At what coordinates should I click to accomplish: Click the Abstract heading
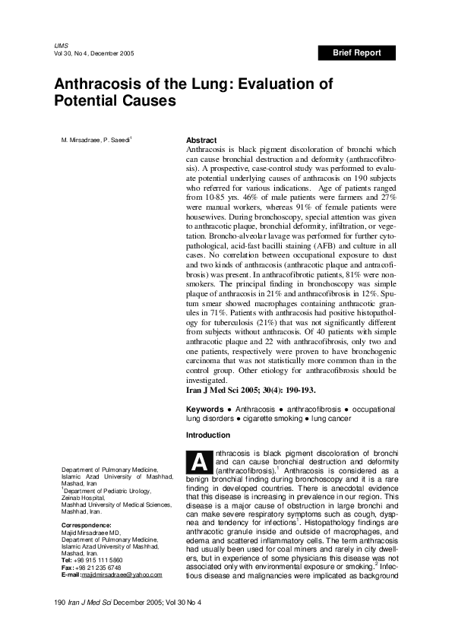(201, 141)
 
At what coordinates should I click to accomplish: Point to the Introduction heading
(208, 435)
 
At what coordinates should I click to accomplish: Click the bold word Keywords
(205, 410)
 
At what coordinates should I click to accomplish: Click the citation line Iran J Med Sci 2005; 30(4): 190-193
(251, 390)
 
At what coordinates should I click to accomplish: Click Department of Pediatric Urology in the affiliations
(109, 490)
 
